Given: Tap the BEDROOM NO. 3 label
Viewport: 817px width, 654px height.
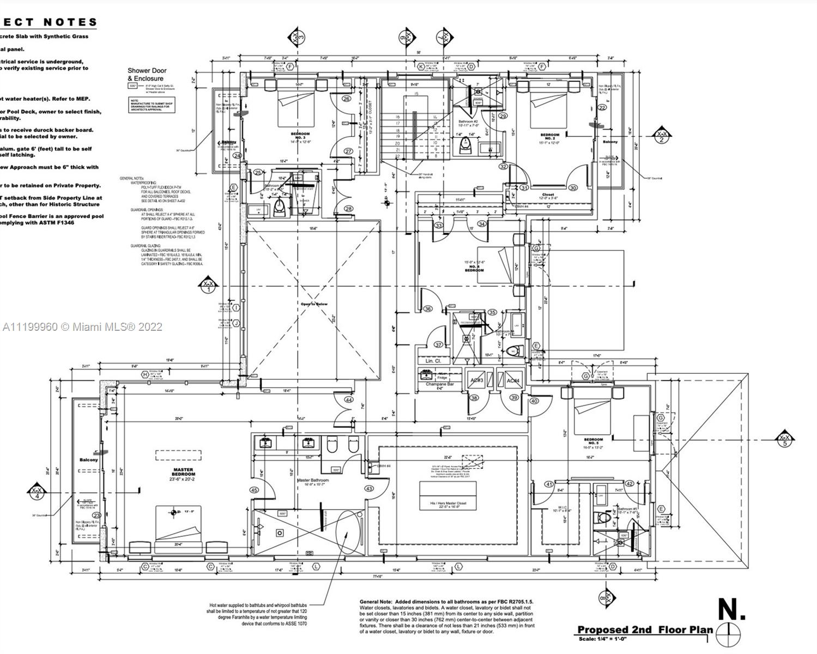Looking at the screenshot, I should (x=300, y=136).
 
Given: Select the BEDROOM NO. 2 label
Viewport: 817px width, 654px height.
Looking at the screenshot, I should (x=549, y=137).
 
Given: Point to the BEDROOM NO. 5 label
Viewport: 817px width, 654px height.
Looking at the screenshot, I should (x=593, y=441).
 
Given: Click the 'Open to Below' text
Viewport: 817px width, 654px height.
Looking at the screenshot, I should (x=314, y=304).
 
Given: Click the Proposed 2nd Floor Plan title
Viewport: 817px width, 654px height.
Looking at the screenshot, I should (x=645, y=630).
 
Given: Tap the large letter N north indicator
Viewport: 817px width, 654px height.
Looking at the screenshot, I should (x=731, y=609).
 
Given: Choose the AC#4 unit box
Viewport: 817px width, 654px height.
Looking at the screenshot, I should (x=513, y=380).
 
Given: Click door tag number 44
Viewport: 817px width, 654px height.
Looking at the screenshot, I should (x=349, y=400).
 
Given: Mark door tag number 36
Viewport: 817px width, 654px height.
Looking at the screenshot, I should (x=428, y=309).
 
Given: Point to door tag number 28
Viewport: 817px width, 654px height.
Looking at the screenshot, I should (x=348, y=209).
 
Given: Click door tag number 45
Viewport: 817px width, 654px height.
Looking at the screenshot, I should (x=254, y=490).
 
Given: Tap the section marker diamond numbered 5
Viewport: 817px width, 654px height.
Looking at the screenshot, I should (x=785, y=440).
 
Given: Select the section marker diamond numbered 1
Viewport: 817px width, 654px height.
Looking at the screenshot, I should (x=208, y=287).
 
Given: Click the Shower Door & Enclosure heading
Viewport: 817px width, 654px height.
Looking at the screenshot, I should (x=147, y=74).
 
